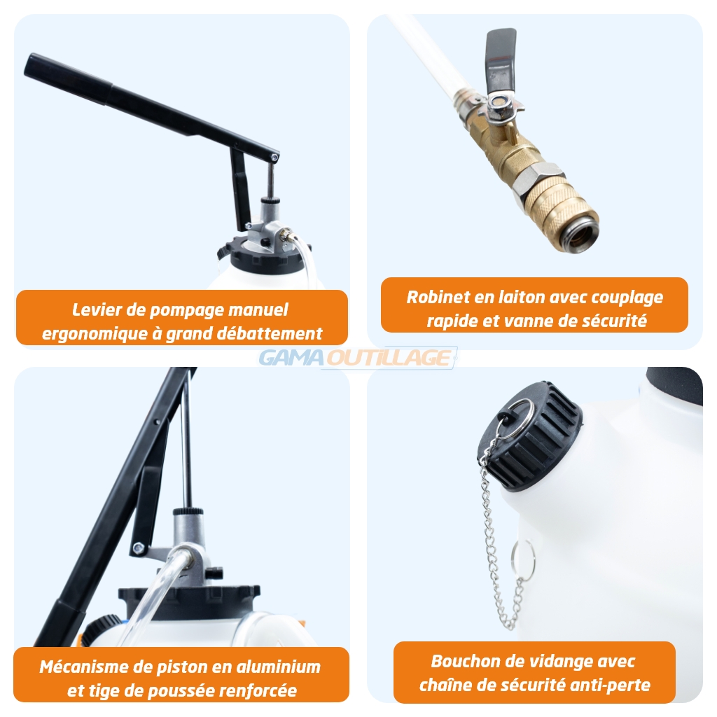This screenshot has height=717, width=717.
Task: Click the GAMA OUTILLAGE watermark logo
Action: pyautogui.click(x=358, y=358)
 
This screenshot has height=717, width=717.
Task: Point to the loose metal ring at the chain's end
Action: pyautogui.click(x=522, y=560)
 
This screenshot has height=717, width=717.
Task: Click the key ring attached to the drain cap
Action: pyautogui.click(x=515, y=419)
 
